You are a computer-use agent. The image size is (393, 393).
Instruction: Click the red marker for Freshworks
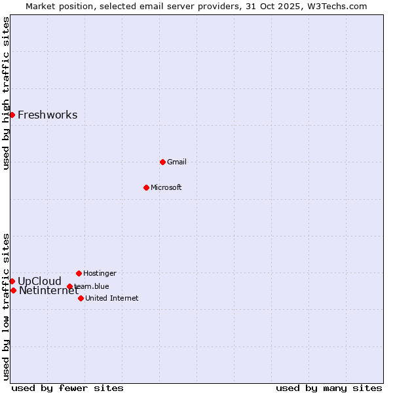(x=12, y=115)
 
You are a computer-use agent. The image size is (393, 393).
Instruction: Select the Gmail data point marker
(x=162, y=162)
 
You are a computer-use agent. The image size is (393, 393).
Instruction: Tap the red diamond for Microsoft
(x=146, y=187)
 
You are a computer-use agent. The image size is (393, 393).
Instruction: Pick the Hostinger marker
(x=79, y=273)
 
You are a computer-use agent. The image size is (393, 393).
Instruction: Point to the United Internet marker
(x=81, y=298)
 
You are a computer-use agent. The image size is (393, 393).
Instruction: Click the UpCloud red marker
(x=12, y=281)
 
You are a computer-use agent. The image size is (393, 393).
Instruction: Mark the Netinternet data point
(x=13, y=290)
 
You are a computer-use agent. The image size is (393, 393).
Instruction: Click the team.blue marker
(x=69, y=286)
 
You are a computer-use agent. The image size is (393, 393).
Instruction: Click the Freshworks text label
(x=47, y=115)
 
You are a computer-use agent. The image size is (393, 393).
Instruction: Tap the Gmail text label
(x=177, y=162)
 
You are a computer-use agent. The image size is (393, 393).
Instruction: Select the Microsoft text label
(x=166, y=187)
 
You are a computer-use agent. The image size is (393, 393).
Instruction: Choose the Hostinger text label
(x=100, y=273)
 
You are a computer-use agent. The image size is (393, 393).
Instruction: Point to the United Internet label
(x=111, y=298)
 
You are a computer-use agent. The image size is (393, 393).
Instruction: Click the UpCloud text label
(x=39, y=282)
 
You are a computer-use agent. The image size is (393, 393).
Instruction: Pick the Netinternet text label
(x=48, y=291)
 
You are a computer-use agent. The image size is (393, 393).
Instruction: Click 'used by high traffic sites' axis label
(x=6, y=93)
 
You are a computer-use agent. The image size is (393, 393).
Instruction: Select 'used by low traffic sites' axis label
(x=6, y=306)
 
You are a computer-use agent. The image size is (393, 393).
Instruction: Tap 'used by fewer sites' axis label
(x=67, y=388)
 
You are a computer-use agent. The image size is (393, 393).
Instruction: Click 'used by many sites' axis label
(x=329, y=388)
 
